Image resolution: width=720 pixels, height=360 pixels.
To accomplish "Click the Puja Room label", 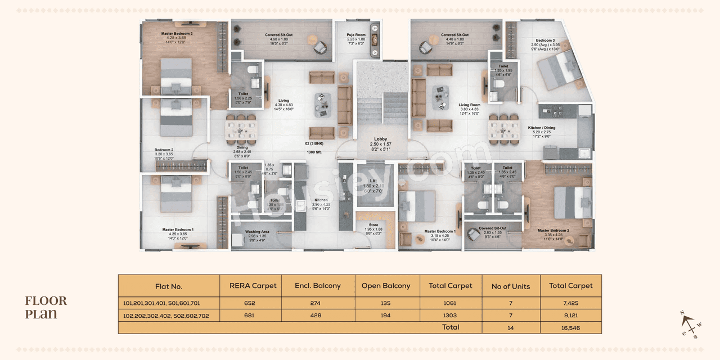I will [356, 35].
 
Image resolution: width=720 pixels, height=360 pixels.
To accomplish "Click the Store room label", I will [373, 225].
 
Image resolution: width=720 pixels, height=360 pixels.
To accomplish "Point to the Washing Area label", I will [257, 232].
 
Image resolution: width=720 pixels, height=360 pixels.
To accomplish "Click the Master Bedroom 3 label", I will [176, 34].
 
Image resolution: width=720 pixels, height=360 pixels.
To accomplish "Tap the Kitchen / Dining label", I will [542, 128].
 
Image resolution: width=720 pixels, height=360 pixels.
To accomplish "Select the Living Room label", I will [469, 105].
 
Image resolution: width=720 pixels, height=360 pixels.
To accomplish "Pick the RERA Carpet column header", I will [253, 286].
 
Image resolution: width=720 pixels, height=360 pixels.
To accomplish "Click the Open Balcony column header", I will [385, 286].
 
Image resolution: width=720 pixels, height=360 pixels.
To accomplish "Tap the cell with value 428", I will [318, 316].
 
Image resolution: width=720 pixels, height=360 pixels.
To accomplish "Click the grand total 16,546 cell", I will [570, 327].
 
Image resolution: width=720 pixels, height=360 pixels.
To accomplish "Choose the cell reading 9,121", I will [570, 316].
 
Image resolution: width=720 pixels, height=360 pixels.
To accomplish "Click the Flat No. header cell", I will [169, 286].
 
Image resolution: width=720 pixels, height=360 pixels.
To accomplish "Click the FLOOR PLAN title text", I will [46, 307].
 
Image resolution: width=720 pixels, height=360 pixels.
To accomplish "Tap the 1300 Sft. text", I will [314, 152].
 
